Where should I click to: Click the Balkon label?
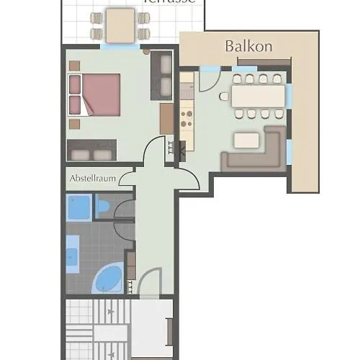(x=248, y=46)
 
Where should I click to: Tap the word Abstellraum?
(x=92, y=179)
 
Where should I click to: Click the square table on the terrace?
(x=120, y=25)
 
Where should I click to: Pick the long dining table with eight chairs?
(x=258, y=96)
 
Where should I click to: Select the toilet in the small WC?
(x=102, y=207)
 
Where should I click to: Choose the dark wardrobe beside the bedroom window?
(x=160, y=75)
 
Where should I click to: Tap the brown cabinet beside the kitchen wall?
(x=166, y=119)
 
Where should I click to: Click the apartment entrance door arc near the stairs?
(x=151, y=282)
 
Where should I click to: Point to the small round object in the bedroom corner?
(x=146, y=52)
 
